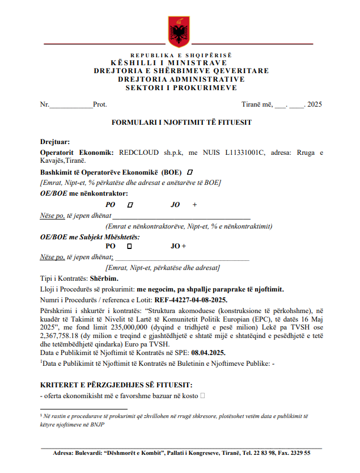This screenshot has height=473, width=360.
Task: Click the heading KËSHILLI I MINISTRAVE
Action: pyautogui.click(x=181, y=63)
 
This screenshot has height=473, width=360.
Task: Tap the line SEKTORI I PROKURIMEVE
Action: pyautogui.click(x=181, y=88)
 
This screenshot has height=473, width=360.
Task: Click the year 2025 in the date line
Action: pyautogui.click(x=314, y=104)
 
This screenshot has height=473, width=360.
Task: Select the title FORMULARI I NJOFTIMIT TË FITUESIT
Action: pyautogui.click(x=181, y=122)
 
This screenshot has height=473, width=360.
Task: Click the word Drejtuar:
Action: pyautogui.click(x=55, y=141)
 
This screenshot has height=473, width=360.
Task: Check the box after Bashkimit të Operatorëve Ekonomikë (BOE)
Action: pyautogui.click(x=190, y=172)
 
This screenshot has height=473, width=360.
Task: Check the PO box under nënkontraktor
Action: pyautogui.click(x=130, y=205)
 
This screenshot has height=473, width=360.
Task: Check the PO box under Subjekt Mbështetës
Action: pyautogui.click(x=129, y=246)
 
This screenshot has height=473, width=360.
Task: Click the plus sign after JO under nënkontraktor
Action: pyautogui.click(x=194, y=205)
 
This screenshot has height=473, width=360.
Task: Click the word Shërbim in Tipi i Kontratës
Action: pyautogui.click(x=104, y=278)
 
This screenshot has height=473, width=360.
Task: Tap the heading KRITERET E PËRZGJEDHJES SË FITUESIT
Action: pyautogui.click(x=116, y=385)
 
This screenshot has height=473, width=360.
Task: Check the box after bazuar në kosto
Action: pyautogui.click(x=202, y=395)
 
